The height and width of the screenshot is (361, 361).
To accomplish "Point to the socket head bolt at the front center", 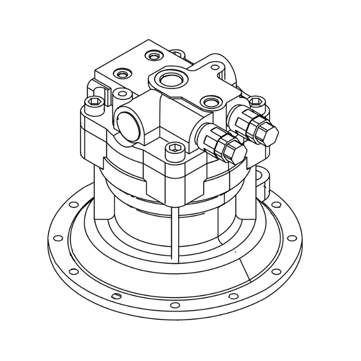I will point(174,148).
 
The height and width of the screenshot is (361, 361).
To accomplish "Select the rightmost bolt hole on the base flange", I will point(291,238).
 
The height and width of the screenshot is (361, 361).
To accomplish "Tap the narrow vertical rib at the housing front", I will point(174,232).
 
